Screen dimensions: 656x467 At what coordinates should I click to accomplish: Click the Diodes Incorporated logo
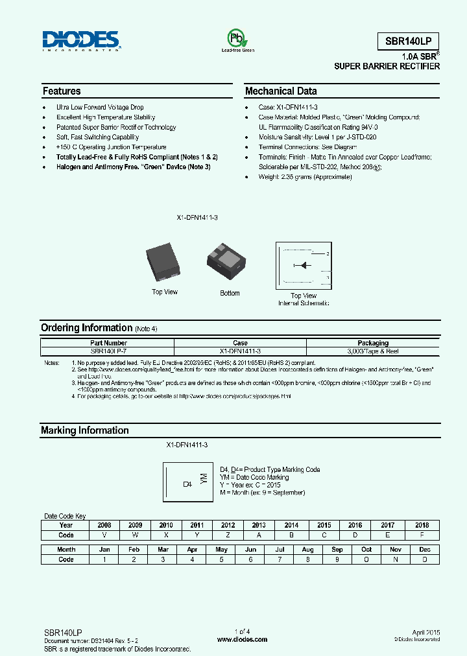tap(81, 40)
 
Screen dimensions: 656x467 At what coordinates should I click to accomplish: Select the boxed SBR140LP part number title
tap(409, 40)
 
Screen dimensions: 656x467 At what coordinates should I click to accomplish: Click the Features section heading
tap(62, 91)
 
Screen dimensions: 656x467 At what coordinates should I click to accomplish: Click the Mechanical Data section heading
tap(281, 91)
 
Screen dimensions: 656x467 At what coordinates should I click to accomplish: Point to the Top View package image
tap(163, 260)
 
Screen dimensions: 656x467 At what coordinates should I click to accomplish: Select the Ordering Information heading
tap(86, 328)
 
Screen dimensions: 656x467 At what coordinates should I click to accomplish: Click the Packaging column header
tap(373, 343)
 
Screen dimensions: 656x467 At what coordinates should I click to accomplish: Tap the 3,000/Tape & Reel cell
tap(373, 351)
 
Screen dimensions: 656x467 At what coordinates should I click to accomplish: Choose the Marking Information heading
tap(84, 430)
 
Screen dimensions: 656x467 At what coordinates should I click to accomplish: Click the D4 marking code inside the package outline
tap(187, 484)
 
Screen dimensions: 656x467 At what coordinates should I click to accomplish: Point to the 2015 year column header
tap(324, 525)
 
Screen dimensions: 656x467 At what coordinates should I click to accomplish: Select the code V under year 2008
tap(104, 535)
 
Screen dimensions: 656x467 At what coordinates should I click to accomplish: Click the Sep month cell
tap(337, 549)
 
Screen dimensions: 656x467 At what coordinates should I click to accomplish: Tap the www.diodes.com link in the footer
tap(242, 639)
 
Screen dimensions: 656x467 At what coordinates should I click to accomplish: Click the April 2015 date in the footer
tap(426, 631)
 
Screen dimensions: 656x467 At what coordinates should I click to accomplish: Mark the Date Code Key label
tap(65, 516)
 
